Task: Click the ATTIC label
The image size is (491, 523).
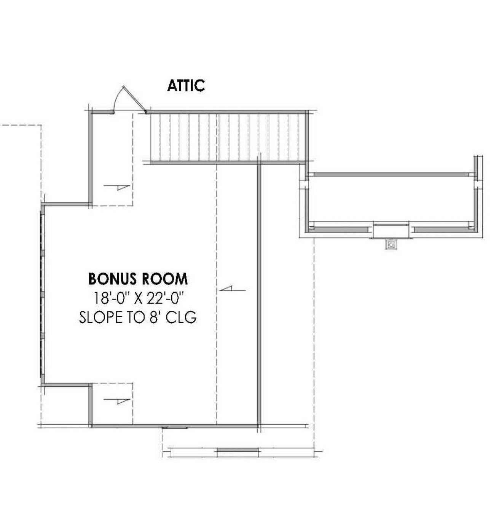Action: tap(186, 85)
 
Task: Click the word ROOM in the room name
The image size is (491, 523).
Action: tap(164, 279)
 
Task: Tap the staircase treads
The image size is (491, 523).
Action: tap(229, 137)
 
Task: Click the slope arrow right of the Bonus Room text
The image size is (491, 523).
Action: tap(232, 289)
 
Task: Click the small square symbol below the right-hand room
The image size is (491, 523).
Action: tap(391, 244)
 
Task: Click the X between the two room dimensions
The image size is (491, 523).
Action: tap(138, 299)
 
